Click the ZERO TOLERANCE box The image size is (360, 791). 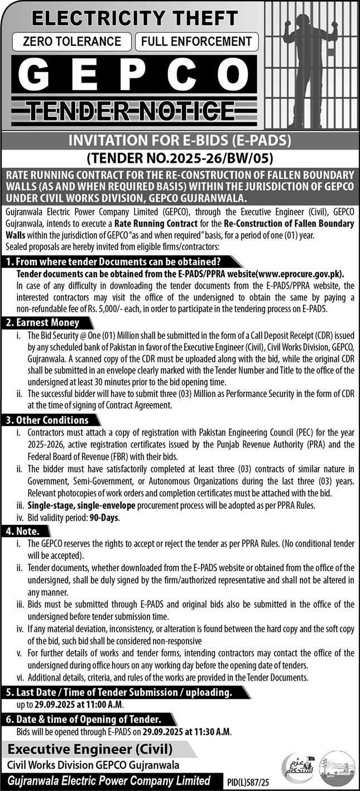point(73,41)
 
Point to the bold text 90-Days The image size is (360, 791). point(104,517)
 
